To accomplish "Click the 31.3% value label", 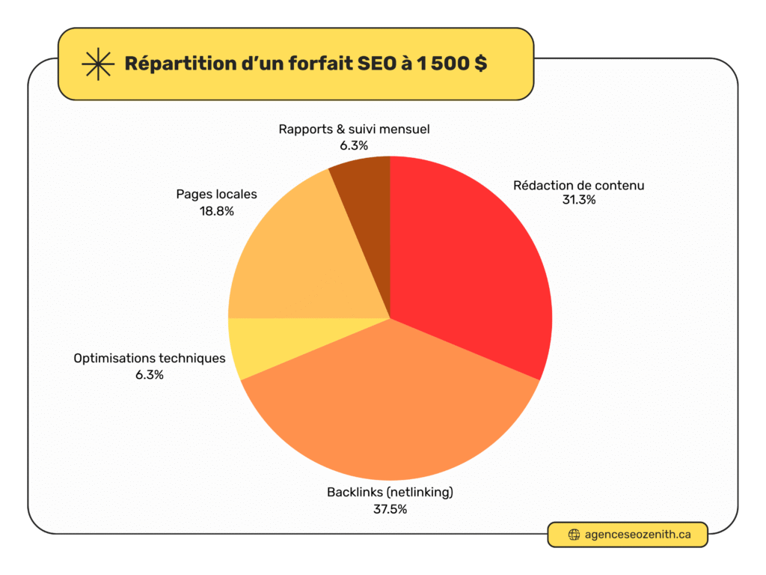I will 578,200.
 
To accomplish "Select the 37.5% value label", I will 390,508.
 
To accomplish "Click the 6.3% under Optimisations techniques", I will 149,374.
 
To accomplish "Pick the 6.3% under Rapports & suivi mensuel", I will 354,145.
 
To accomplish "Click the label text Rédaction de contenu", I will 578,185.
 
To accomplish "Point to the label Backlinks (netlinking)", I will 390,493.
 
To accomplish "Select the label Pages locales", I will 216,195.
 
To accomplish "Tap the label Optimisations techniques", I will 149,359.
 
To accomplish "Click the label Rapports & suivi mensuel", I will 354,130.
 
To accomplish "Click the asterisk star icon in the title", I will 97,64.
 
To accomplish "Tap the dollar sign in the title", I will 479,64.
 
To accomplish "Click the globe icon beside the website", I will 574,535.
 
